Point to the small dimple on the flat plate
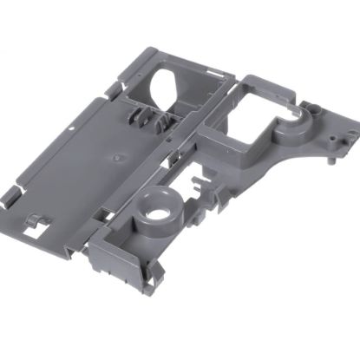coord(115,159)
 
